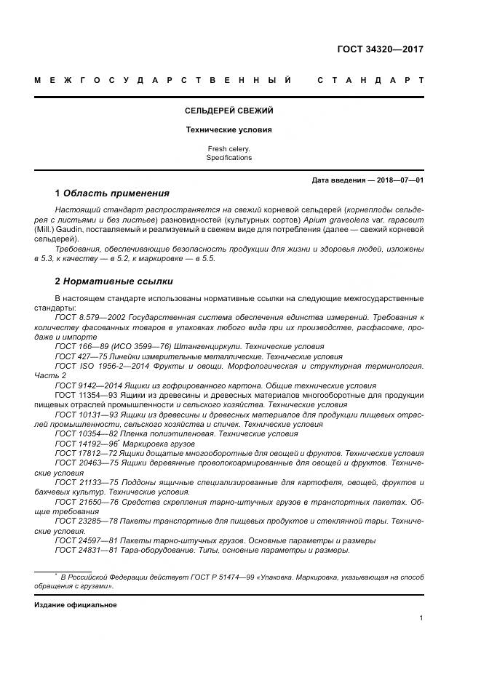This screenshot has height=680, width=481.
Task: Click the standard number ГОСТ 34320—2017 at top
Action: pos(380,50)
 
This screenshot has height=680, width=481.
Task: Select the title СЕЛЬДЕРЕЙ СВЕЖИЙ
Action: pos(228,111)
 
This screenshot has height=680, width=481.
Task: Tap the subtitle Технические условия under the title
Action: pos(228,130)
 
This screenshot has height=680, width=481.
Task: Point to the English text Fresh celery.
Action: pos(228,149)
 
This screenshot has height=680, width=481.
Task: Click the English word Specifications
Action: pos(228,158)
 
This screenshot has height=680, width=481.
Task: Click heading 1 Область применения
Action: pos(112,193)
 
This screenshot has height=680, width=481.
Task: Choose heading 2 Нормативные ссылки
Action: pos(114,281)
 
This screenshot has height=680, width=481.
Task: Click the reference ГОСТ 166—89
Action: pos(77,347)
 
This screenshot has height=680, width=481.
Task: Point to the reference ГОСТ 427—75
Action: pos(77,356)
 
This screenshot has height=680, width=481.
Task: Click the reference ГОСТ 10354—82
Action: pos(80,433)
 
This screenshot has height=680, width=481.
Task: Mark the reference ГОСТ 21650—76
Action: pos(80,502)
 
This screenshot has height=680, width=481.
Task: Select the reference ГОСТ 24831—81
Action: pos(80,550)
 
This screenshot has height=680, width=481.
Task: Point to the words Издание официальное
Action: pos(76,604)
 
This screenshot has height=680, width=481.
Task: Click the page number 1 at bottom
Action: pos(421,617)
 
